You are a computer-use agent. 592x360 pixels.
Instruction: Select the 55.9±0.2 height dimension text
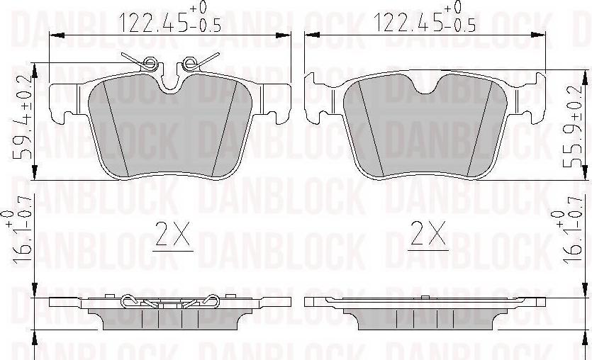click(x=571, y=126)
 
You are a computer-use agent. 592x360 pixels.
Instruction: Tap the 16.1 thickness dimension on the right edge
click(x=568, y=237)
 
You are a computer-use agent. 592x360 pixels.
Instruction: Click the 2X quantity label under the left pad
click(x=173, y=234)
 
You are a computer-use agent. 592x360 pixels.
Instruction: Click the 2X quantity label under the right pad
click(x=428, y=234)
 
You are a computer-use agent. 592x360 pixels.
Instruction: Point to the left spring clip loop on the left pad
click(x=150, y=63)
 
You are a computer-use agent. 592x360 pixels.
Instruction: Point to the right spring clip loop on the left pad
click(x=189, y=63)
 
